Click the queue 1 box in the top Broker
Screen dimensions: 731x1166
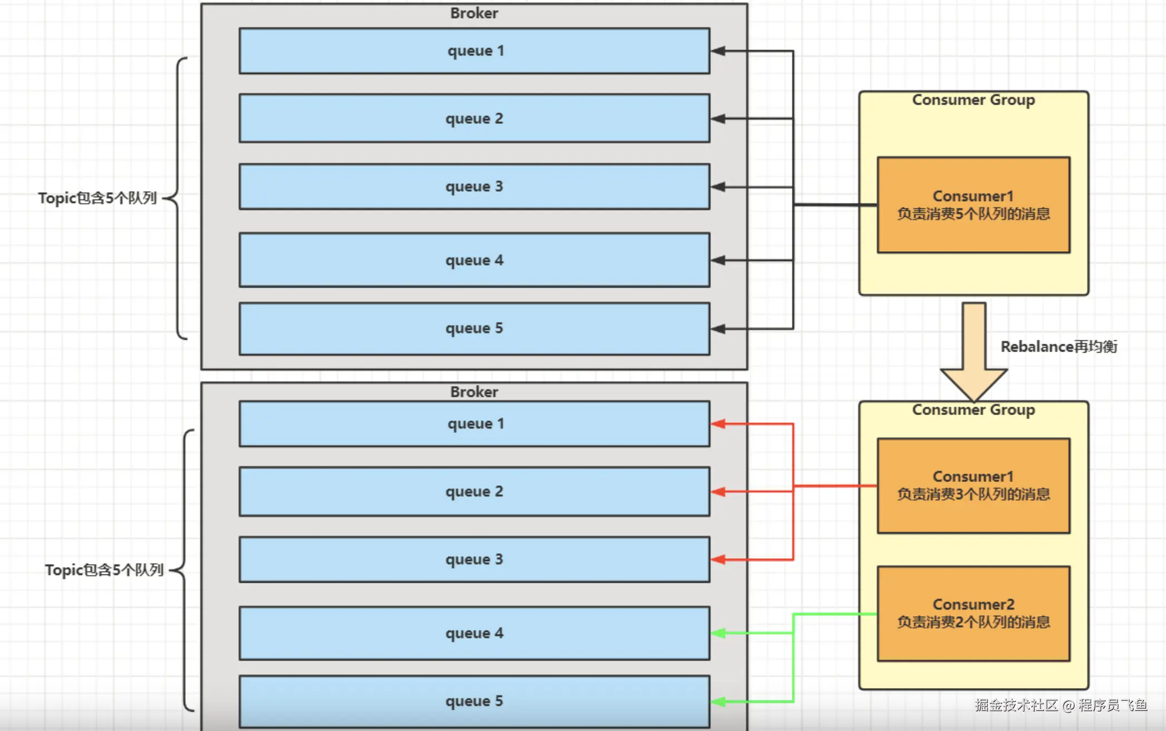(474, 51)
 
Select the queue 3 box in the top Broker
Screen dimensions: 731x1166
(474, 187)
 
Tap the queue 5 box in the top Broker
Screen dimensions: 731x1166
(474, 328)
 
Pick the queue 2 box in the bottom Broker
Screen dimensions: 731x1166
(474, 491)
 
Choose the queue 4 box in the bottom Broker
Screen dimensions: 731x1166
(474, 633)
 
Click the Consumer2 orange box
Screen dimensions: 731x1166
(973, 613)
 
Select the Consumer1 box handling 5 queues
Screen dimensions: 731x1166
(973, 204)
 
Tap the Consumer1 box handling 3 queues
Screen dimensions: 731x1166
(973, 485)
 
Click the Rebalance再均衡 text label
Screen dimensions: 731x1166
(1059, 347)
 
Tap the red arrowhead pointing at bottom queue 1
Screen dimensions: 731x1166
(718, 424)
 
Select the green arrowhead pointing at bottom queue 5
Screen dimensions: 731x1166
(718, 701)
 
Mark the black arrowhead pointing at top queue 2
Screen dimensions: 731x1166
(718, 119)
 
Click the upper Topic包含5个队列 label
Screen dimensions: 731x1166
(97, 198)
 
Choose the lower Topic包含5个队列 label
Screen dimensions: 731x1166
(104, 570)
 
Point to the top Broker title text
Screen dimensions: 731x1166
(474, 13)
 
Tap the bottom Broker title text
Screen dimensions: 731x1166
(474, 392)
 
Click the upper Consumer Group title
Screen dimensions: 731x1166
(973, 100)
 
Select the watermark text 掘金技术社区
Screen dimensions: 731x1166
(1016, 705)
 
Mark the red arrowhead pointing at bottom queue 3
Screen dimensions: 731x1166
(718, 559)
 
